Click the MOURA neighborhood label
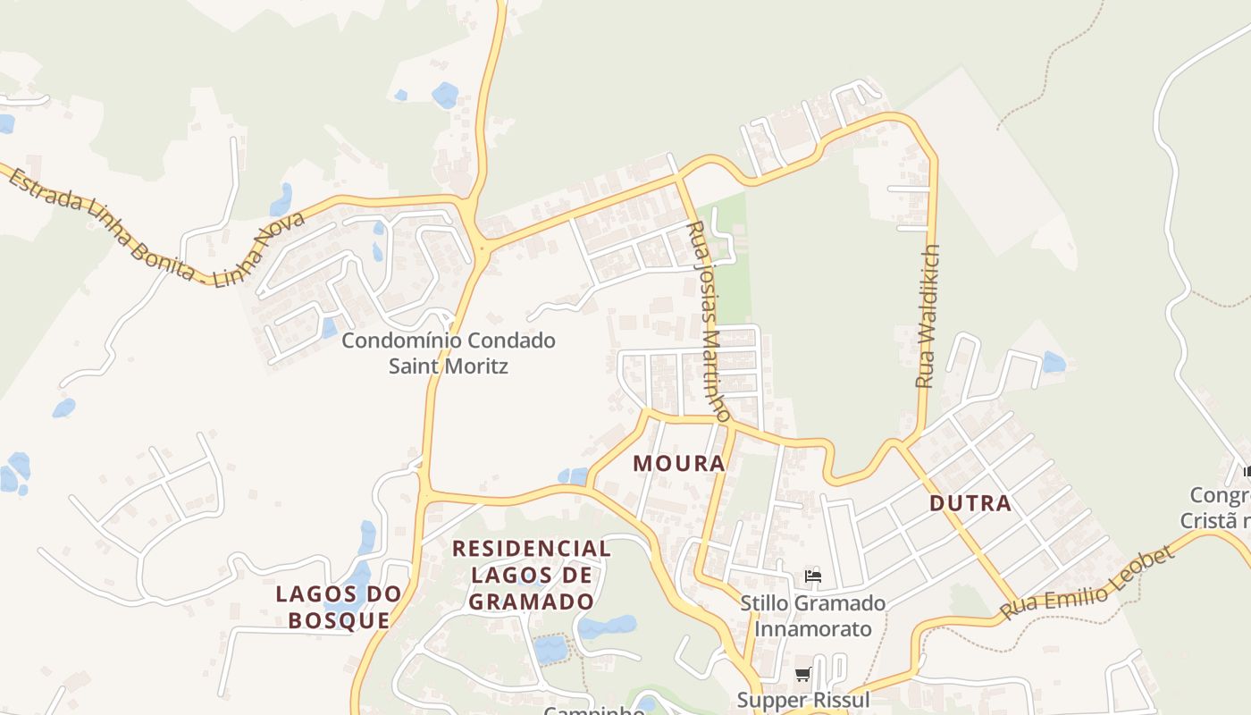click(x=679, y=464)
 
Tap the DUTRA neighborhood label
click(x=970, y=503)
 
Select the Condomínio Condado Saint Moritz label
click(x=449, y=353)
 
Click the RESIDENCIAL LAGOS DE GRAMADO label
click(x=532, y=574)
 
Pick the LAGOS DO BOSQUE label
click(x=339, y=607)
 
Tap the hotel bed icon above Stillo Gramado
click(x=812, y=576)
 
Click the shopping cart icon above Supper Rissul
click(x=802, y=675)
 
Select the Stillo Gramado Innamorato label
click(x=812, y=616)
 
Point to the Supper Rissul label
click(x=802, y=699)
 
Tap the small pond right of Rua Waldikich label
click(x=1054, y=362)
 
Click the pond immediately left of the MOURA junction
click(x=572, y=476)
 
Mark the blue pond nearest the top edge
click(x=445, y=94)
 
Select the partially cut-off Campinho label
click(x=594, y=711)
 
